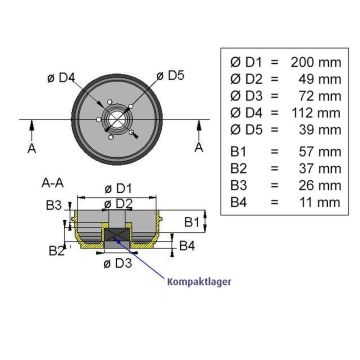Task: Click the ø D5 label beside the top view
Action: point(173,74)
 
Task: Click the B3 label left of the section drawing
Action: point(56,205)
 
